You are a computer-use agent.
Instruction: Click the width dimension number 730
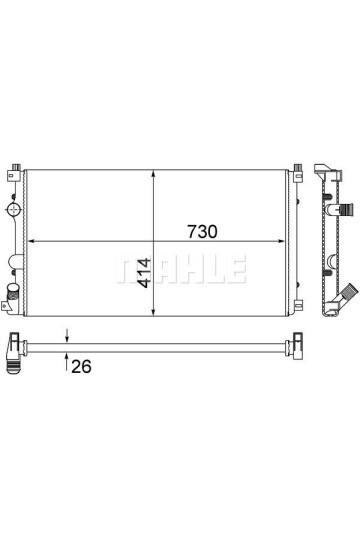click(x=202, y=232)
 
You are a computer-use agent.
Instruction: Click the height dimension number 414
click(x=144, y=273)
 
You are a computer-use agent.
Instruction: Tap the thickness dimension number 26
click(x=81, y=366)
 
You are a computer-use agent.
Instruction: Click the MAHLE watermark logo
click(x=181, y=269)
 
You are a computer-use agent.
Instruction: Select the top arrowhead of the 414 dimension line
click(x=153, y=174)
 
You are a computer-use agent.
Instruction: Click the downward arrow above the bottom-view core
click(x=67, y=335)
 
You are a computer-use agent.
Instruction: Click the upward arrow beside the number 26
click(x=66, y=361)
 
